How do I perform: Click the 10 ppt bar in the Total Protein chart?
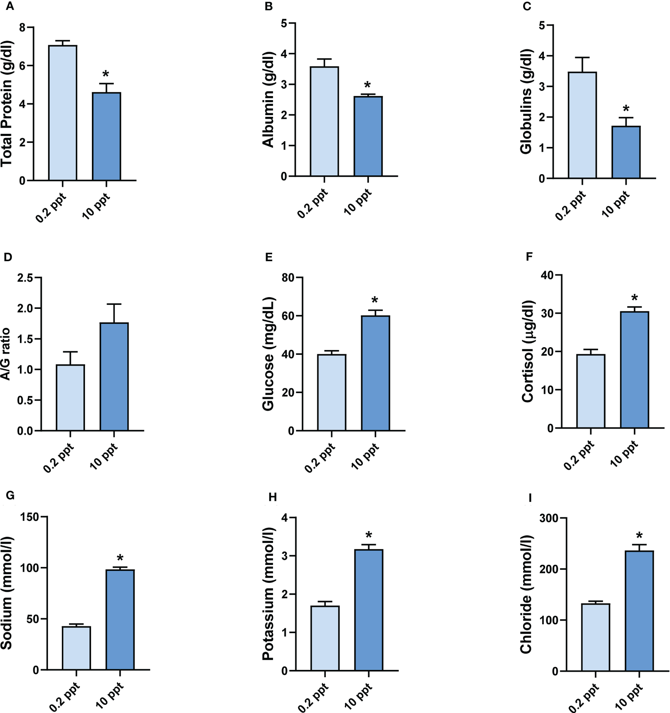[107, 136]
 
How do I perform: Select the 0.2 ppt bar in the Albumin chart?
[324, 121]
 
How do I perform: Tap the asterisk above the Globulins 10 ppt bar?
[626, 109]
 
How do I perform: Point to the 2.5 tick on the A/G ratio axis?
[26, 278]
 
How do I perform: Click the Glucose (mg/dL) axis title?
[268, 354]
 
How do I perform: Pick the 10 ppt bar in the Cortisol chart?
[634, 370]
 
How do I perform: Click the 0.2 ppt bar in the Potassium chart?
[325, 638]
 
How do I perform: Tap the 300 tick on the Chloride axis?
[548, 518]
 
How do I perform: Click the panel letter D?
[8, 257]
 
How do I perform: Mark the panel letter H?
[273, 497]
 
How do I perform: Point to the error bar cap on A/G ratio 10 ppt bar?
[114, 304]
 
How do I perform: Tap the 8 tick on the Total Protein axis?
[22, 28]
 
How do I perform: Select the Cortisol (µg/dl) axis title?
[528, 351]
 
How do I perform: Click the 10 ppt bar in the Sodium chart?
[120, 619]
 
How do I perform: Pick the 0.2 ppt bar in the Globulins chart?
[583, 125]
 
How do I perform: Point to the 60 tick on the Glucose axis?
[288, 316]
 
